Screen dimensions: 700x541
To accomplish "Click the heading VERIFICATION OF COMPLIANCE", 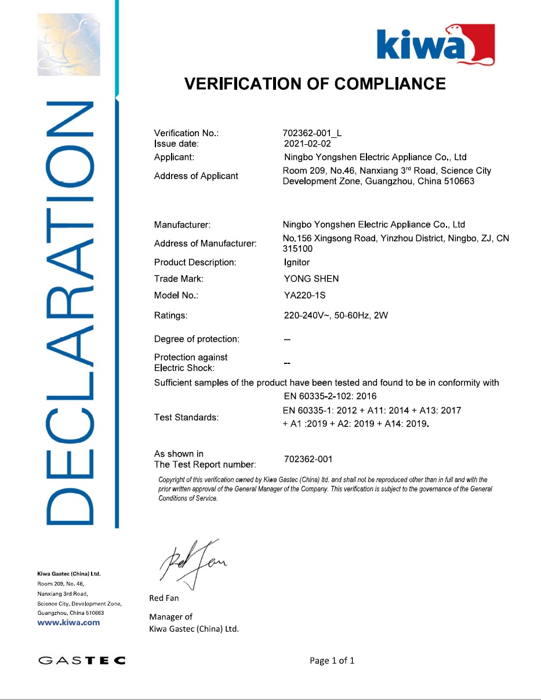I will tap(315, 84).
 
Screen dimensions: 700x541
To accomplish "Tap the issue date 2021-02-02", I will tap(307, 144).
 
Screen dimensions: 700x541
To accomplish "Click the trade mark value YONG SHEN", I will tap(307, 279).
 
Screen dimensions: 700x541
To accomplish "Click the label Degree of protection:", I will tap(197, 339).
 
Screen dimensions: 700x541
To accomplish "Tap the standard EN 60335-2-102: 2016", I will tap(329, 396).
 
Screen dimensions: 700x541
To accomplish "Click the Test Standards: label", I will tap(186, 417).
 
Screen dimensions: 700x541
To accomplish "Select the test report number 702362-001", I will tap(308, 460).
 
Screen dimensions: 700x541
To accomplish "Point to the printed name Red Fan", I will tap(164, 598).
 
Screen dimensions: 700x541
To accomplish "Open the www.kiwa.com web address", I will tap(68, 622).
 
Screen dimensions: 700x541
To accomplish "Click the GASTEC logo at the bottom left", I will tap(82, 660).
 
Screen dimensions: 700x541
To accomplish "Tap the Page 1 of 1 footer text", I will tap(332, 661).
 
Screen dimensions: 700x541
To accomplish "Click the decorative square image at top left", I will tap(69, 44).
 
